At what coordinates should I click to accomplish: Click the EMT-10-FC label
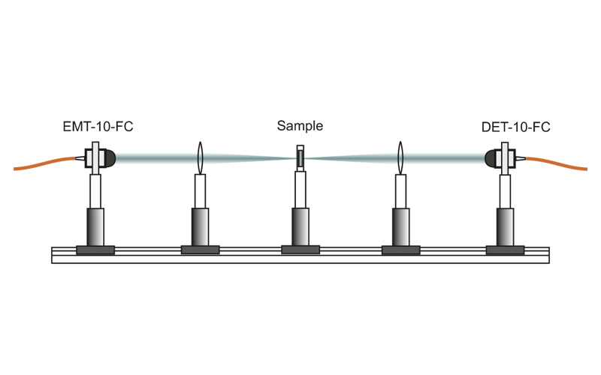coord(98,127)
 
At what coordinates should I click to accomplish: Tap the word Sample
coord(300,126)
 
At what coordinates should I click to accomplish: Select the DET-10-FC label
coord(515,127)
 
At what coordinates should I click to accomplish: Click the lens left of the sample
coord(200,157)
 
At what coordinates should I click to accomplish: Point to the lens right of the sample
coord(400,157)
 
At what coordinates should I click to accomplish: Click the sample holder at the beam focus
coord(300,158)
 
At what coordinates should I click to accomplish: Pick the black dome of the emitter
coord(108,157)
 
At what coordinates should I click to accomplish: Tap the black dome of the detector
coord(493,157)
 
